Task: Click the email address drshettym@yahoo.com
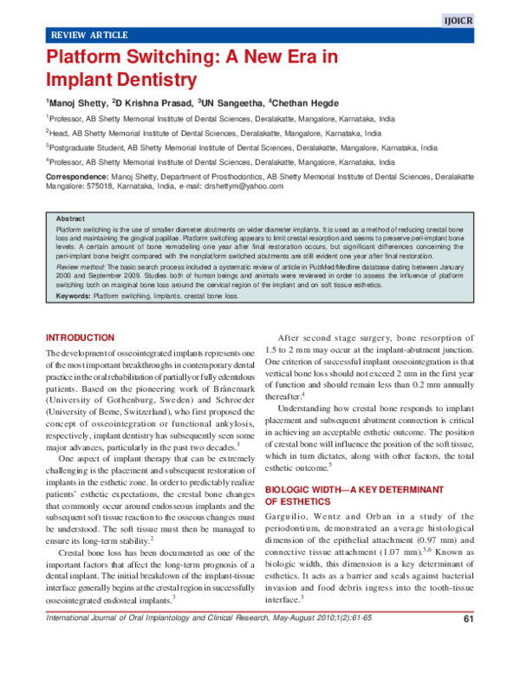(x=222, y=186)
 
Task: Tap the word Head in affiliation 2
(x=60, y=134)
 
